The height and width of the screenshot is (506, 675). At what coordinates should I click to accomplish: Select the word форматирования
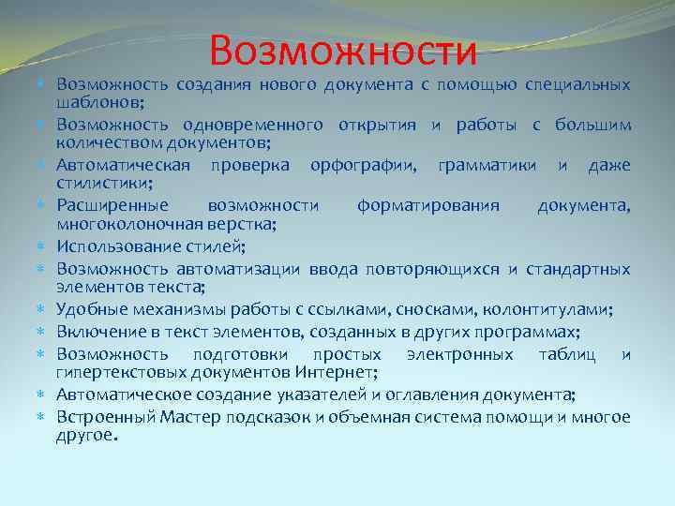(427, 206)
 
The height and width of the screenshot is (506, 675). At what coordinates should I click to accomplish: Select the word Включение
(96, 332)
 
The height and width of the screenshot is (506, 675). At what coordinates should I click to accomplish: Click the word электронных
(459, 355)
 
